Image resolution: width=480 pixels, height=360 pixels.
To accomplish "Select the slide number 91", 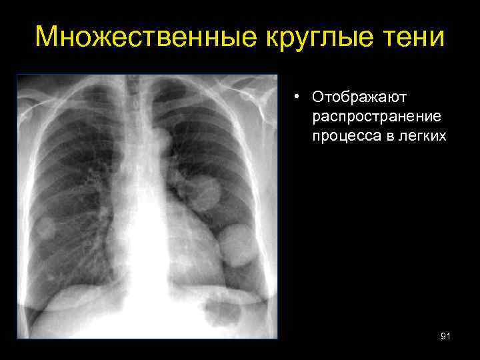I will coord(445,337).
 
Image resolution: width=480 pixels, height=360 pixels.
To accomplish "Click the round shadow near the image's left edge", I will coord(45,229).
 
